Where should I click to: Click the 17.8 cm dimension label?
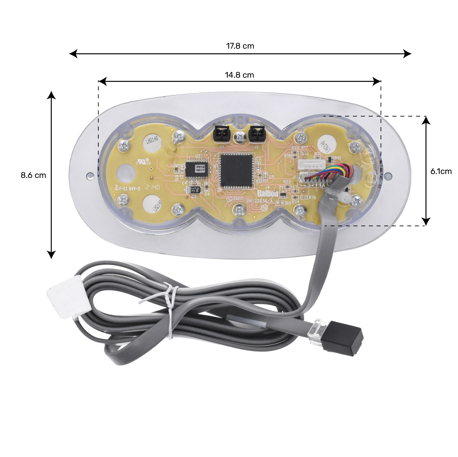[240, 46]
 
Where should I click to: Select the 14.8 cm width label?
[239, 75]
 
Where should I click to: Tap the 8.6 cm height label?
[33, 175]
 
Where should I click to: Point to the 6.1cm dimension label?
[441, 171]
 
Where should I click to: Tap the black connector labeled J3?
[221, 134]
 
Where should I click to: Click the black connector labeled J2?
[256, 134]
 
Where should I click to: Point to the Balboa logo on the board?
[267, 194]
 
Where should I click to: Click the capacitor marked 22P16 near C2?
[195, 190]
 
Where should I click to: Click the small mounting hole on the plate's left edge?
[89, 176]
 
